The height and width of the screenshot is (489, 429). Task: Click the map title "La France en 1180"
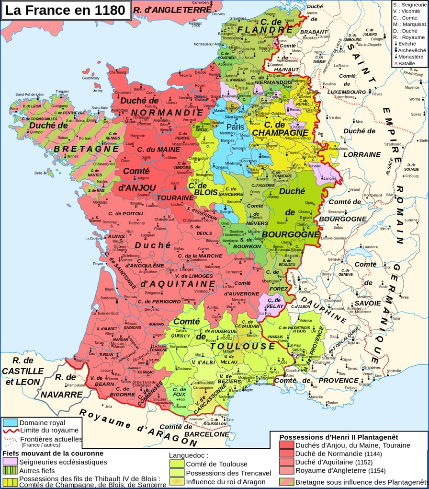[x=65, y=10]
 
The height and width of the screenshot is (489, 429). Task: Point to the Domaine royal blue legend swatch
[x=11, y=423]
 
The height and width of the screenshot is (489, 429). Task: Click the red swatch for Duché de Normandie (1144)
[x=286, y=454]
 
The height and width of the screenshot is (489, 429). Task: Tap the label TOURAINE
[x=175, y=198]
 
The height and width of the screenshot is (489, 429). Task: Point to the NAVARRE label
[x=61, y=395]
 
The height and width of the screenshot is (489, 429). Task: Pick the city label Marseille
[x=316, y=397]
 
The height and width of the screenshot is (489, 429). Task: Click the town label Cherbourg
[x=117, y=72]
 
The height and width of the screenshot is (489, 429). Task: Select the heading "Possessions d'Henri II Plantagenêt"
[x=339, y=437]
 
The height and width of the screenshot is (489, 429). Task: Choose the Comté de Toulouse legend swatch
[x=177, y=464]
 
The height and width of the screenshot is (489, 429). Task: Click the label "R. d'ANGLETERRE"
[x=171, y=10]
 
